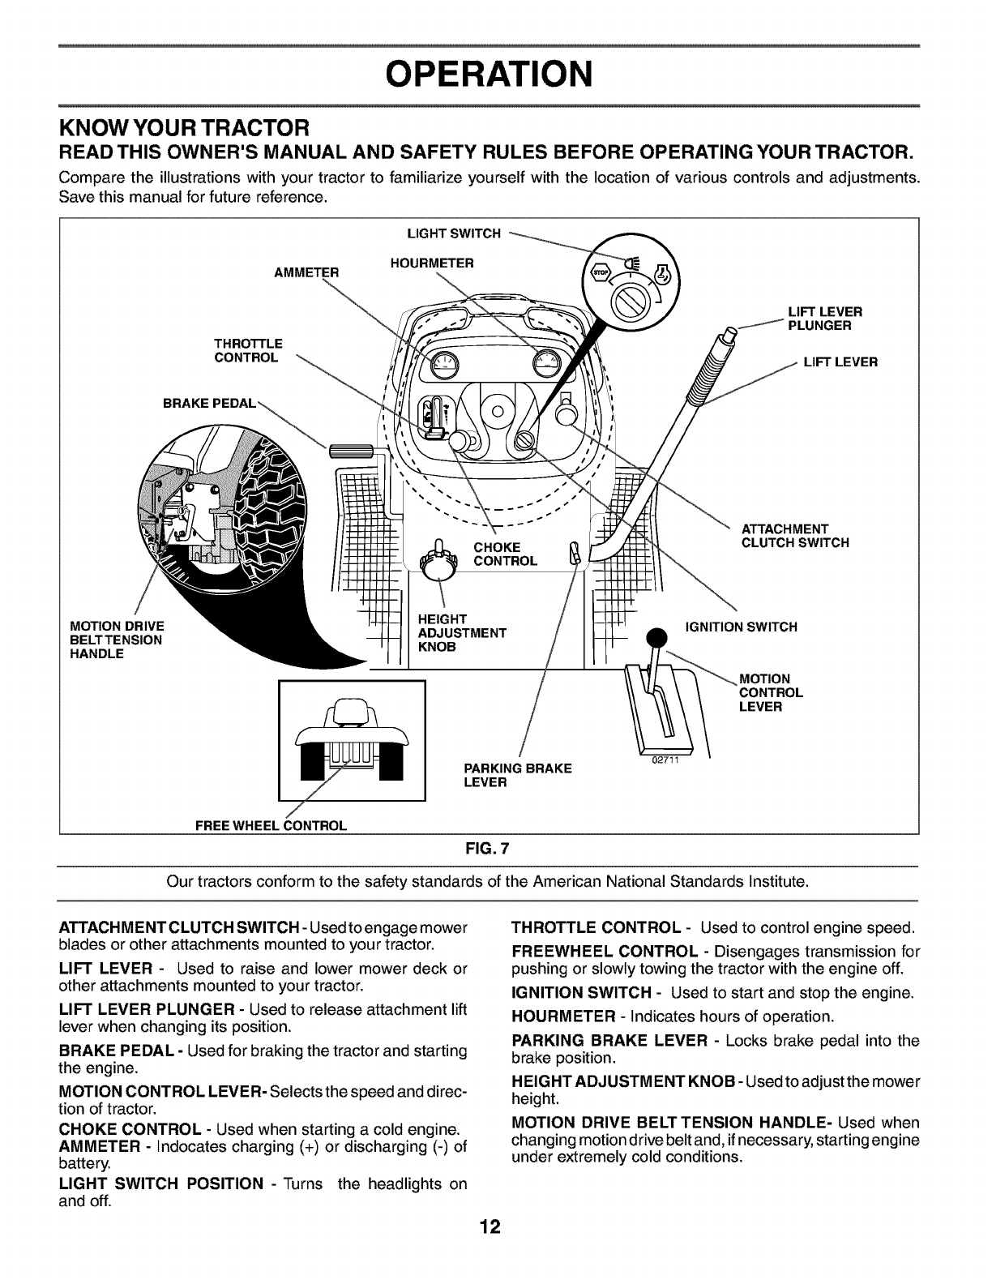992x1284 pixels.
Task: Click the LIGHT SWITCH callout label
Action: click(x=453, y=234)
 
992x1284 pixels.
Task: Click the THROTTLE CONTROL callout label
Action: click(x=248, y=350)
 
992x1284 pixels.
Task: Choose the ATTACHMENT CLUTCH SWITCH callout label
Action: click(x=795, y=536)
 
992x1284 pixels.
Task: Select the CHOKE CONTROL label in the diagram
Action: click(x=505, y=554)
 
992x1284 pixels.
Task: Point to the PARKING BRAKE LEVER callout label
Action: click(x=517, y=775)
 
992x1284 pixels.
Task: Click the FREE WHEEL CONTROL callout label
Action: click(x=271, y=826)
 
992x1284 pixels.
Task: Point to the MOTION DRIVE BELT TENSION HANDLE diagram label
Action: click(x=117, y=640)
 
